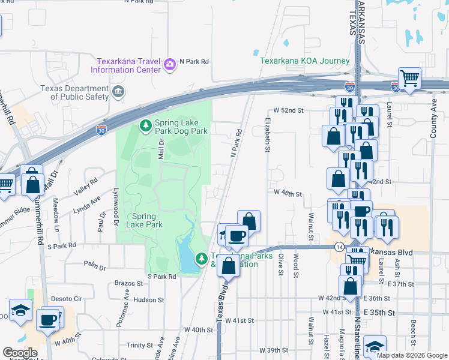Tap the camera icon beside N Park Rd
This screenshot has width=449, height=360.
pyautogui.click(x=170, y=63)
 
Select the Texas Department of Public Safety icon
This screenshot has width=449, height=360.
pyautogui.click(x=118, y=92)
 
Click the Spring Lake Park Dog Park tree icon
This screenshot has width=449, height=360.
pyautogui.click(x=145, y=125)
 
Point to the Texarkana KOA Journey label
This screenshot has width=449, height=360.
pyautogui.click(x=304, y=61)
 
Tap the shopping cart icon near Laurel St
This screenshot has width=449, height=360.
pyautogui.click(x=409, y=79)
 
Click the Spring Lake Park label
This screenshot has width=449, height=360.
pyautogui.click(x=144, y=220)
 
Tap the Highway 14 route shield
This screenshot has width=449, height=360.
pyautogui.click(x=340, y=247)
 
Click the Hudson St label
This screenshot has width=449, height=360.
pyautogui.click(x=149, y=299)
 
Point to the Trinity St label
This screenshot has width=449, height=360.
pyautogui.click(x=140, y=346)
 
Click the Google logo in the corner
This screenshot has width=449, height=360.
pyautogui.click(x=20, y=352)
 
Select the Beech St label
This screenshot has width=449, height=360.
pyautogui.click(x=414, y=328)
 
